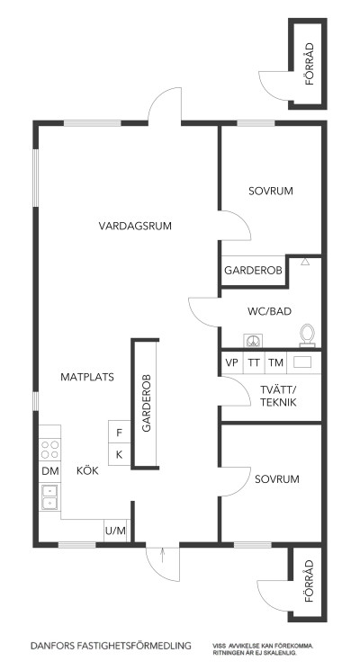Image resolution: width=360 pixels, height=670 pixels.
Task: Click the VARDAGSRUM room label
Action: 135,226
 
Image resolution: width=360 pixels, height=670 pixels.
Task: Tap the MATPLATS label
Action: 87,378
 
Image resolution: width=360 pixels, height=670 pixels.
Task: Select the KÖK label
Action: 87,469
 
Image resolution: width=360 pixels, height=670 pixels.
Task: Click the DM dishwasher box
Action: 49,471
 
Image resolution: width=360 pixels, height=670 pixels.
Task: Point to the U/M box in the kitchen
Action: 115,532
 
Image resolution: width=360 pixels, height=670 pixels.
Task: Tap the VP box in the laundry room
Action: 231,362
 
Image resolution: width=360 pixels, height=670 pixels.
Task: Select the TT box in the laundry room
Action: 254,362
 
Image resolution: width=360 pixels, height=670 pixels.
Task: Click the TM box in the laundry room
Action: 275,362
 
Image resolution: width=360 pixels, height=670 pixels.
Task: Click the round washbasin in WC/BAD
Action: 254,340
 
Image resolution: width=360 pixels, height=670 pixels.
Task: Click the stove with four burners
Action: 50,448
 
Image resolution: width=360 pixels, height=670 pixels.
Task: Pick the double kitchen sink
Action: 49,496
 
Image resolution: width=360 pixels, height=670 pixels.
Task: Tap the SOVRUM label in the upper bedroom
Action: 271,192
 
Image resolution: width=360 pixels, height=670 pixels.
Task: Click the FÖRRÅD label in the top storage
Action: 309,65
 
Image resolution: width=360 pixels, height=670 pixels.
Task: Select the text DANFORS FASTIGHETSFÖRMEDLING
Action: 112,646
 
